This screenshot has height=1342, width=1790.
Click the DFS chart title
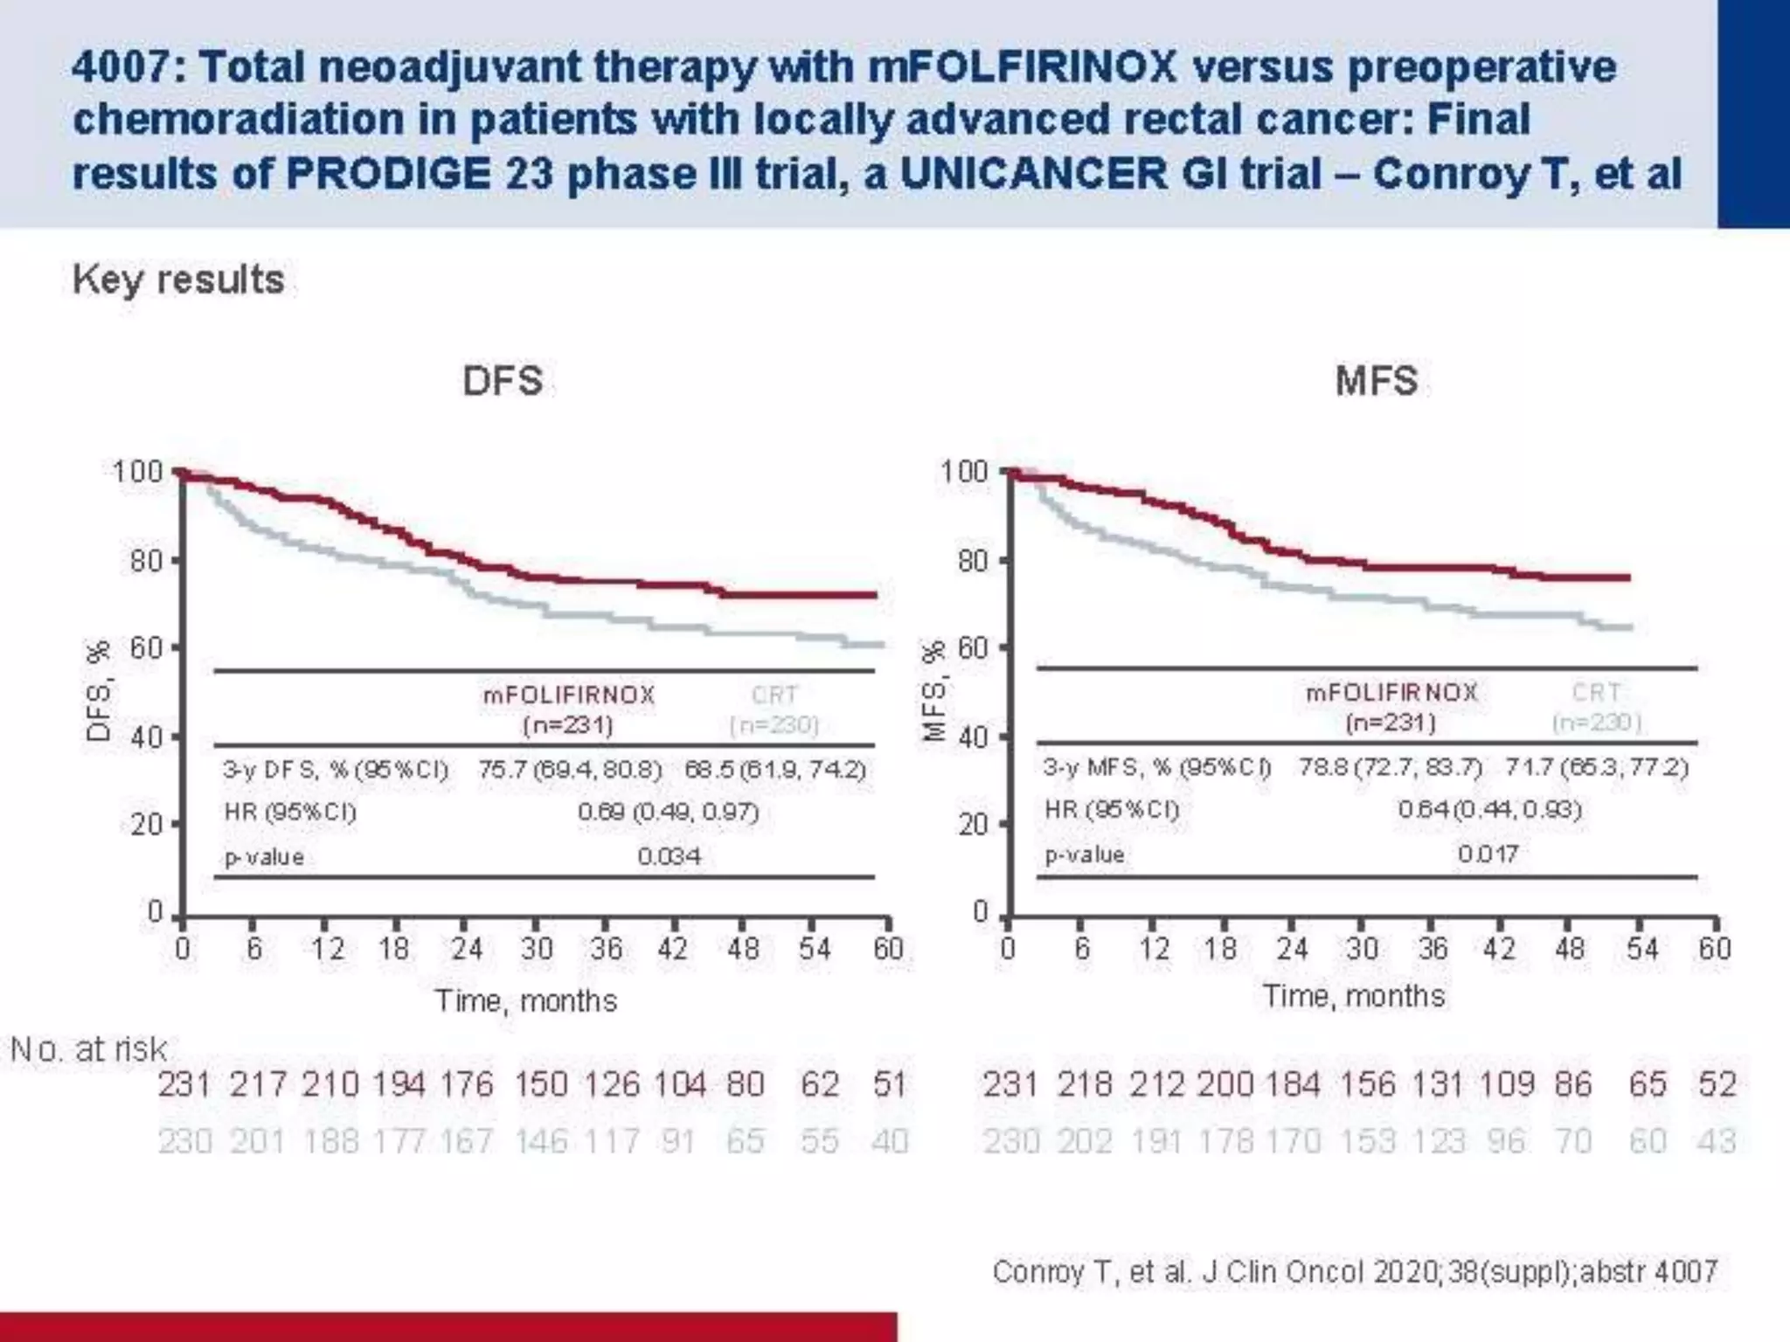coord(503,382)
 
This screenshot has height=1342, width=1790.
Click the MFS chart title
coord(1376,382)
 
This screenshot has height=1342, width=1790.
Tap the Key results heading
coord(178,280)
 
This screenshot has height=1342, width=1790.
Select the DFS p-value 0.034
coord(669,856)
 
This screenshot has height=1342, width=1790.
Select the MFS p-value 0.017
coord(1488,854)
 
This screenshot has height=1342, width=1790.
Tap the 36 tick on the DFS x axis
coord(606,949)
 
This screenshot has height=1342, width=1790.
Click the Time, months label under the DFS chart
coord(526,1000)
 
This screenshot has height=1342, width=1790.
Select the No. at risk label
coord(88,1049)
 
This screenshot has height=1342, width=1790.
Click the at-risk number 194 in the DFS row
coord(399,1085)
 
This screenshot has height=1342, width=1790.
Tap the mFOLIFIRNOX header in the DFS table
coord(569,695)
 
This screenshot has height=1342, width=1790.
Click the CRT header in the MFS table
coord(1596,693)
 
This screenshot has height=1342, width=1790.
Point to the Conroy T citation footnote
coord(1355,1271)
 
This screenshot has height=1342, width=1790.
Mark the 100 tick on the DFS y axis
coord(138,473)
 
